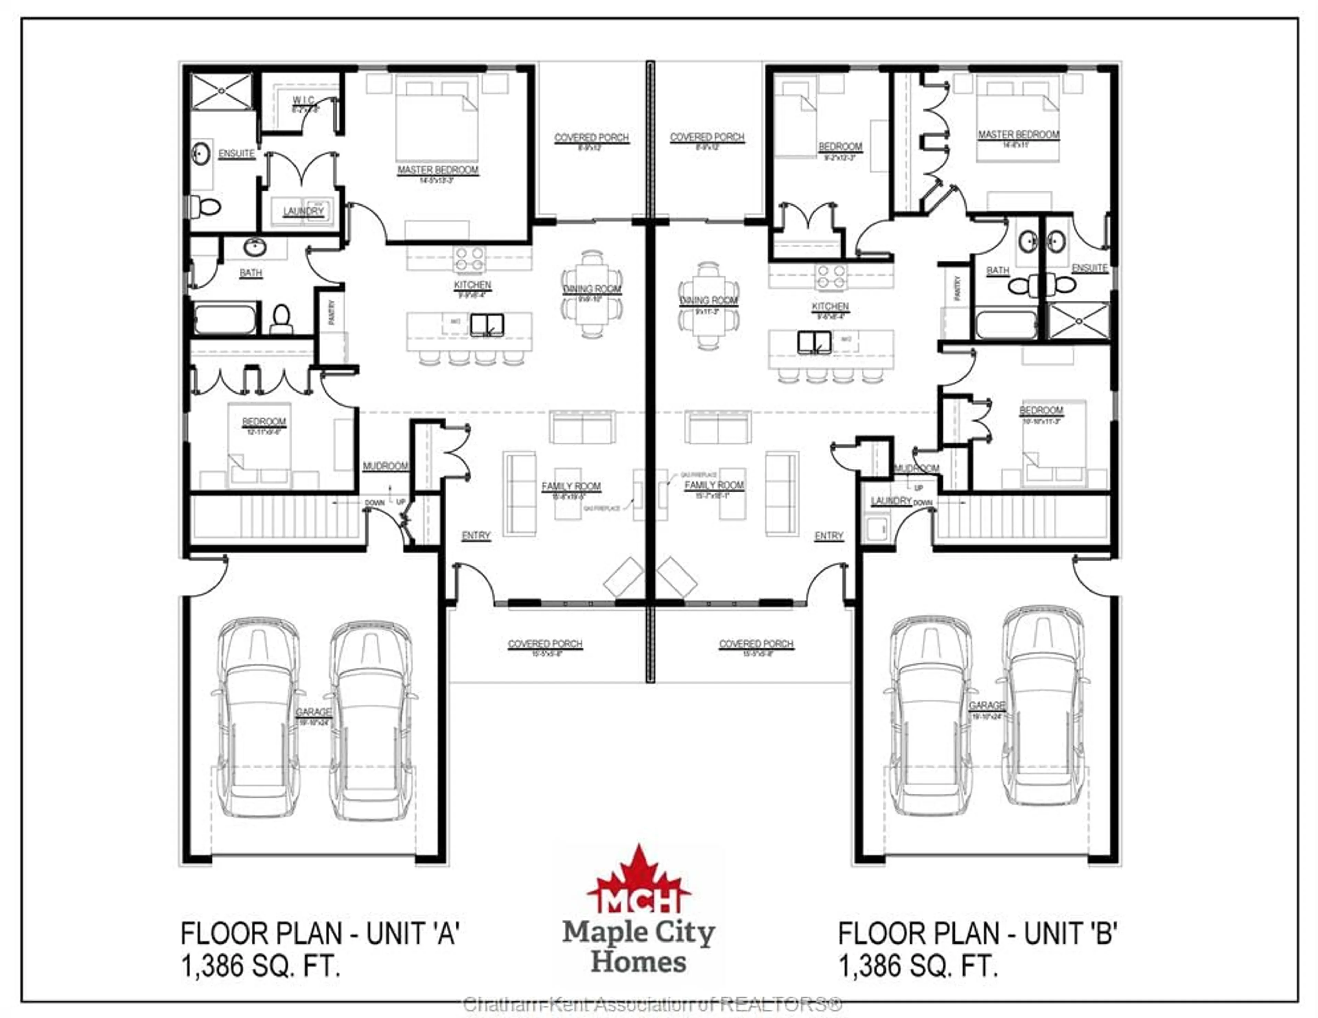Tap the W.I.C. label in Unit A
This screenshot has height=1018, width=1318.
pos(303,100)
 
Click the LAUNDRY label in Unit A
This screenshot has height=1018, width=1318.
pos(303,211)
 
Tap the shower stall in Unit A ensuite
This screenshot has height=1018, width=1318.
pos(221,92)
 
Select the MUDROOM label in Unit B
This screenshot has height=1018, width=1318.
pos(917,468)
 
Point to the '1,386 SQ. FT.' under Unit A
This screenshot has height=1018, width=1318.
pos(261,966)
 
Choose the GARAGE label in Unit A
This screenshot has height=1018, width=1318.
pos(313,712)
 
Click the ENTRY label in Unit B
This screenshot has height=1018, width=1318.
pos(829,536)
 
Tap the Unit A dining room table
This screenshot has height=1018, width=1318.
pos(592,294)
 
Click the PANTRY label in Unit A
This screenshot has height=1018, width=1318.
pos(331,313)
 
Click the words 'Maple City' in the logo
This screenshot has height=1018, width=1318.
pos(638,933)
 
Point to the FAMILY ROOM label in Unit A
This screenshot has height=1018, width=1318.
pos(571,487)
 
